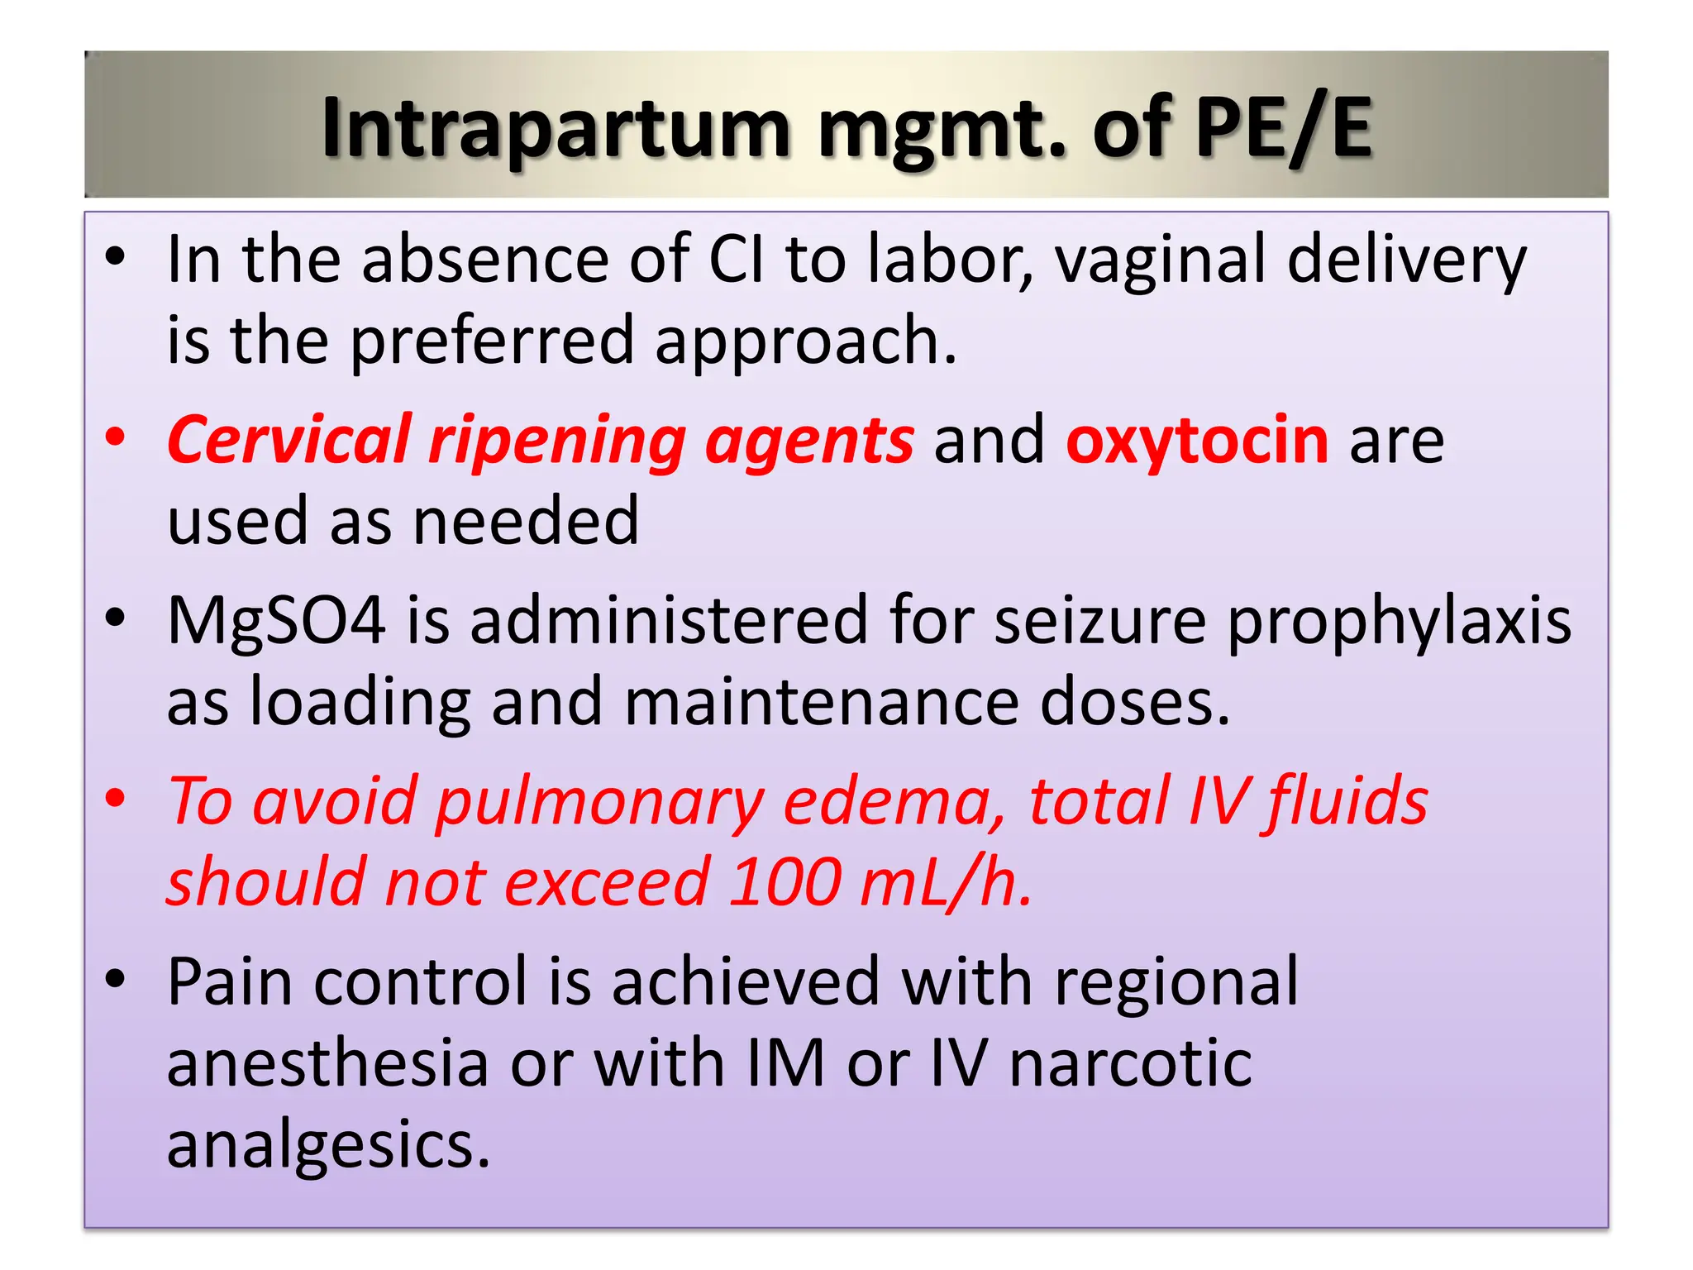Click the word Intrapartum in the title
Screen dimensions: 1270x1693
click(556, 129)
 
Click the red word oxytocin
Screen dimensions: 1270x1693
click(1197, 440)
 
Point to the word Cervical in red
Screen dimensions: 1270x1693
click(289, 440)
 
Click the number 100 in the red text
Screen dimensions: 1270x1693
click(786, 882)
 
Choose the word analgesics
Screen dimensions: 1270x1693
click(329, 1146)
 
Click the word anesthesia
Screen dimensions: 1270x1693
click(328, 1063)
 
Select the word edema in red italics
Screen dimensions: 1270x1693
click(894, 801)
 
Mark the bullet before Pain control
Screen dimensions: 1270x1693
click(116, 980)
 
